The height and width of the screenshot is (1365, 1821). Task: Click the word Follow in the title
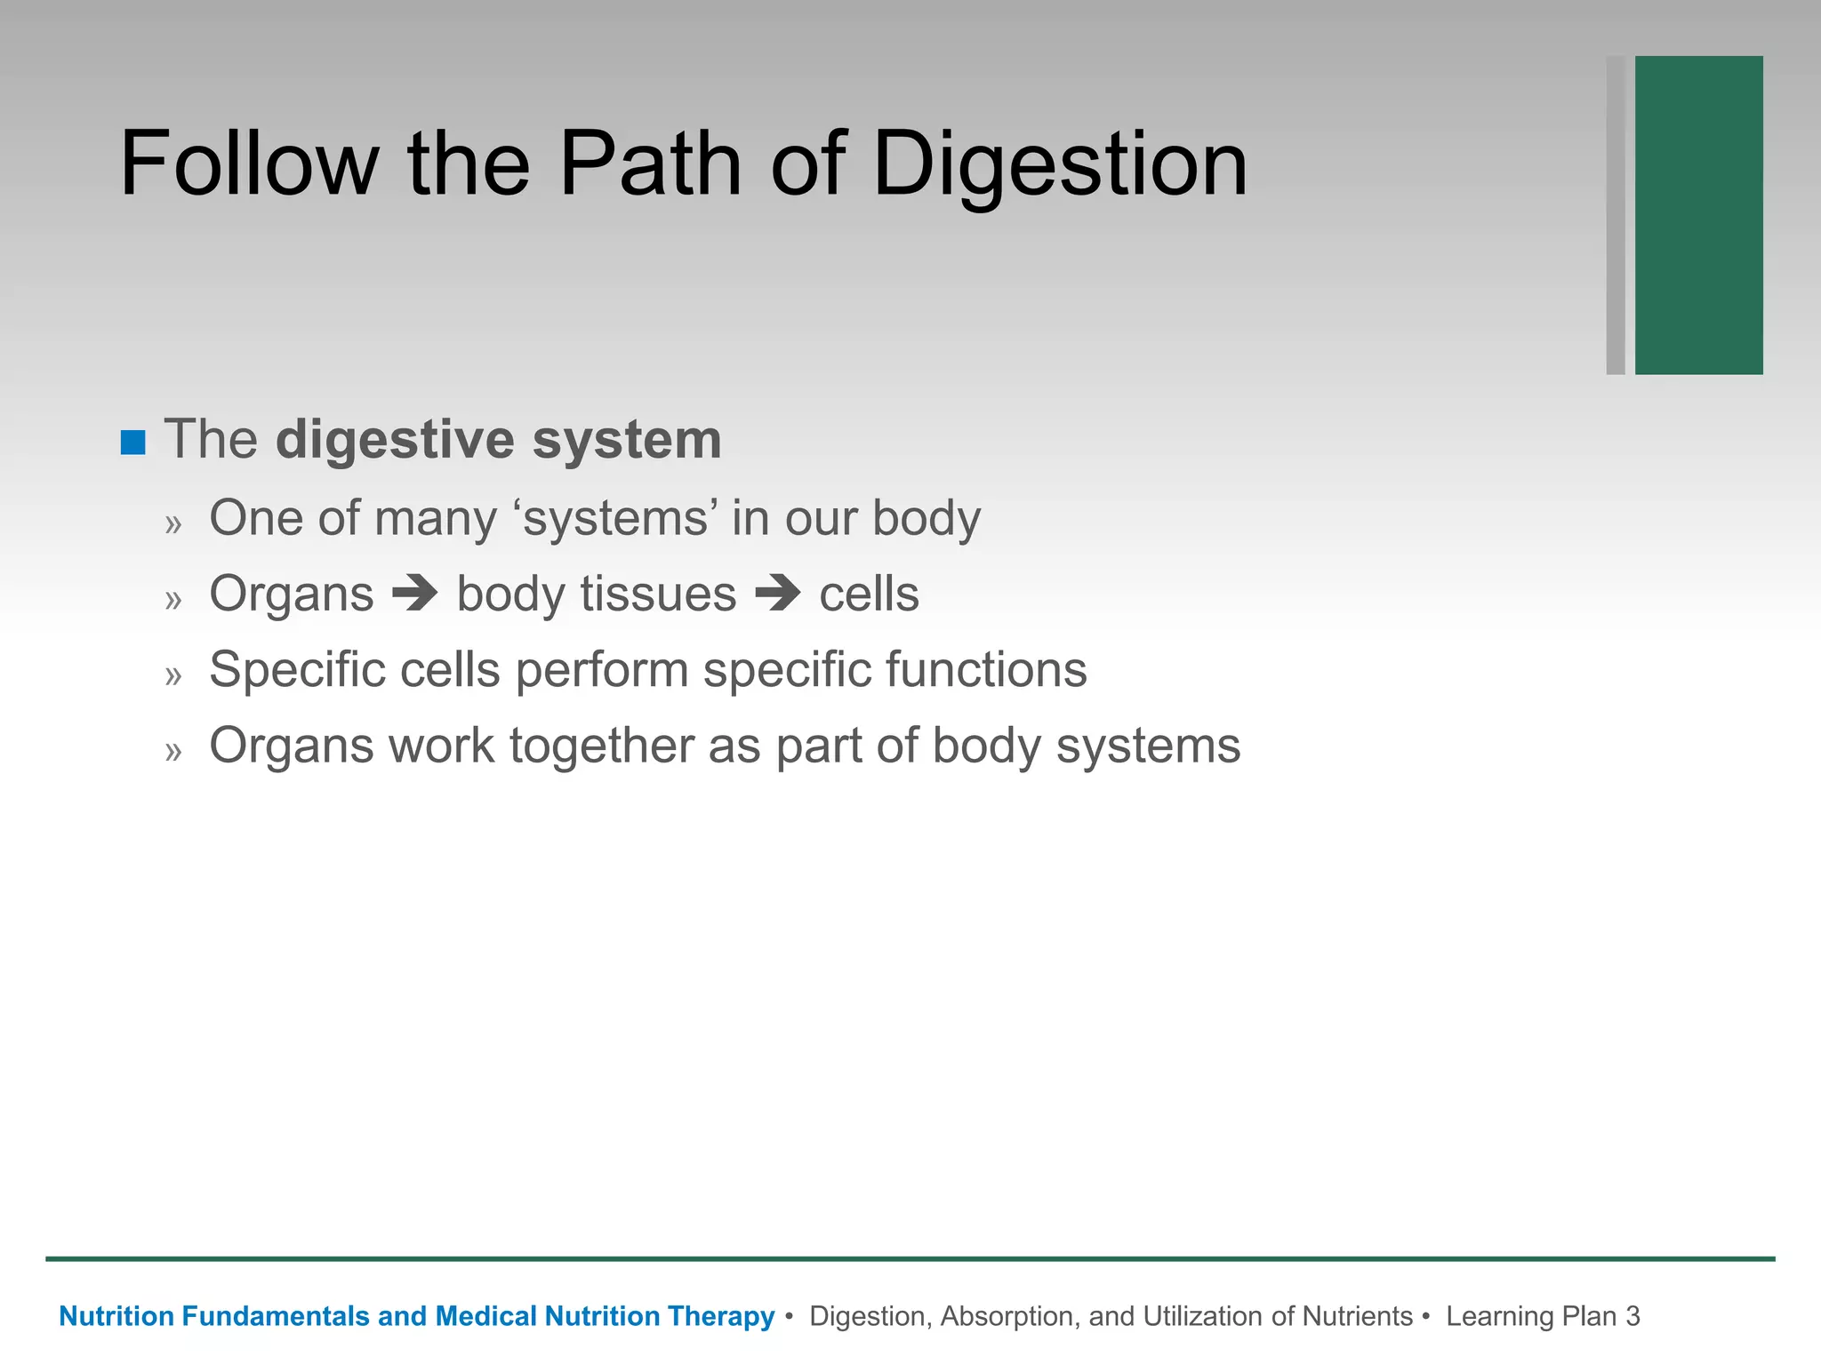point(249,164)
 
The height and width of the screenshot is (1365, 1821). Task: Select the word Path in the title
point(650,164)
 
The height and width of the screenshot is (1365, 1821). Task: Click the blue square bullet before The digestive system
point(132,442)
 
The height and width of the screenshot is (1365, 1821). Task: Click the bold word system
point(627,441)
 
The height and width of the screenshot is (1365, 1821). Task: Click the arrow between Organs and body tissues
point(415,594)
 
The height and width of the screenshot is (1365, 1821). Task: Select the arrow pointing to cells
point(778,594)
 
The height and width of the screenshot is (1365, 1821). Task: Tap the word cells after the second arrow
point(869,594)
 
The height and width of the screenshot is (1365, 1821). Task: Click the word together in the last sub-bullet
point(601,746)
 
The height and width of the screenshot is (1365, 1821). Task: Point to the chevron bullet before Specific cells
point(173,676)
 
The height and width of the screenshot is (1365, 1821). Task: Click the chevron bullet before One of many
point(173,524)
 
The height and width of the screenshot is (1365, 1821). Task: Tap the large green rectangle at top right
point(1698,215)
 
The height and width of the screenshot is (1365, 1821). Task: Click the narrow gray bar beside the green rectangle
point(1616,215)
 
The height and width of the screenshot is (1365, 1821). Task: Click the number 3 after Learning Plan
point(1632,1316)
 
